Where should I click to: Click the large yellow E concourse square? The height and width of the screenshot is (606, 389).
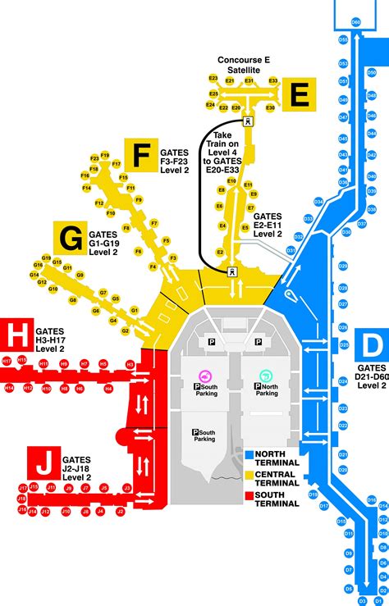click(x=300, y=95)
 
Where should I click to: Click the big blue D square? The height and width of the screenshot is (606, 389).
click(x=373, y=343)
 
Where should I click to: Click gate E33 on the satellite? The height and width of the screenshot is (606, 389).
click(x=273, y=81)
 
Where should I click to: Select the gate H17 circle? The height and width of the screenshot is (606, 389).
click(x=7, y=361)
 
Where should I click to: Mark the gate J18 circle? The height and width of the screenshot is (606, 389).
click(x=22, y=499)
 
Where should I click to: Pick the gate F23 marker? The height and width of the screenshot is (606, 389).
click(x=94, y=157)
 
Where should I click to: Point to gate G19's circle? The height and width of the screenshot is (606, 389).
click(x=36, y=259)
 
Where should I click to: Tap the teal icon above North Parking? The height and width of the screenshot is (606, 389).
click(x=265, y=376)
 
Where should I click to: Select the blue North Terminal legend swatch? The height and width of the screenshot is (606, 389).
click(x=249, y=453)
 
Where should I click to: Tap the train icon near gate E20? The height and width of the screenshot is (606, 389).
click(x=248, y=121)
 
